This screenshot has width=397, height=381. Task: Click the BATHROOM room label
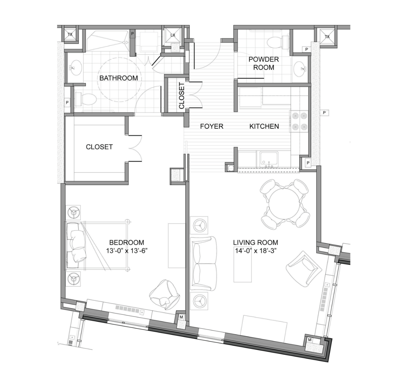point(119,78)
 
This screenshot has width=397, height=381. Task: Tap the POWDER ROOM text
point(263,63)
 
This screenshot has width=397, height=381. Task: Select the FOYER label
point(211,126)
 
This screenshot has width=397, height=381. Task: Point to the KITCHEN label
point(264,126)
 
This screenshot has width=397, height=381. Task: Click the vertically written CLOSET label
point(181,96)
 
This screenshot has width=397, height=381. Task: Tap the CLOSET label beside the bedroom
point(99,147)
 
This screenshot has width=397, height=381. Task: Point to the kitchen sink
point(269,159)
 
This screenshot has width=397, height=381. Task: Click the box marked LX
point(173,35)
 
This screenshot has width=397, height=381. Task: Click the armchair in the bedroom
point(164,294)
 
